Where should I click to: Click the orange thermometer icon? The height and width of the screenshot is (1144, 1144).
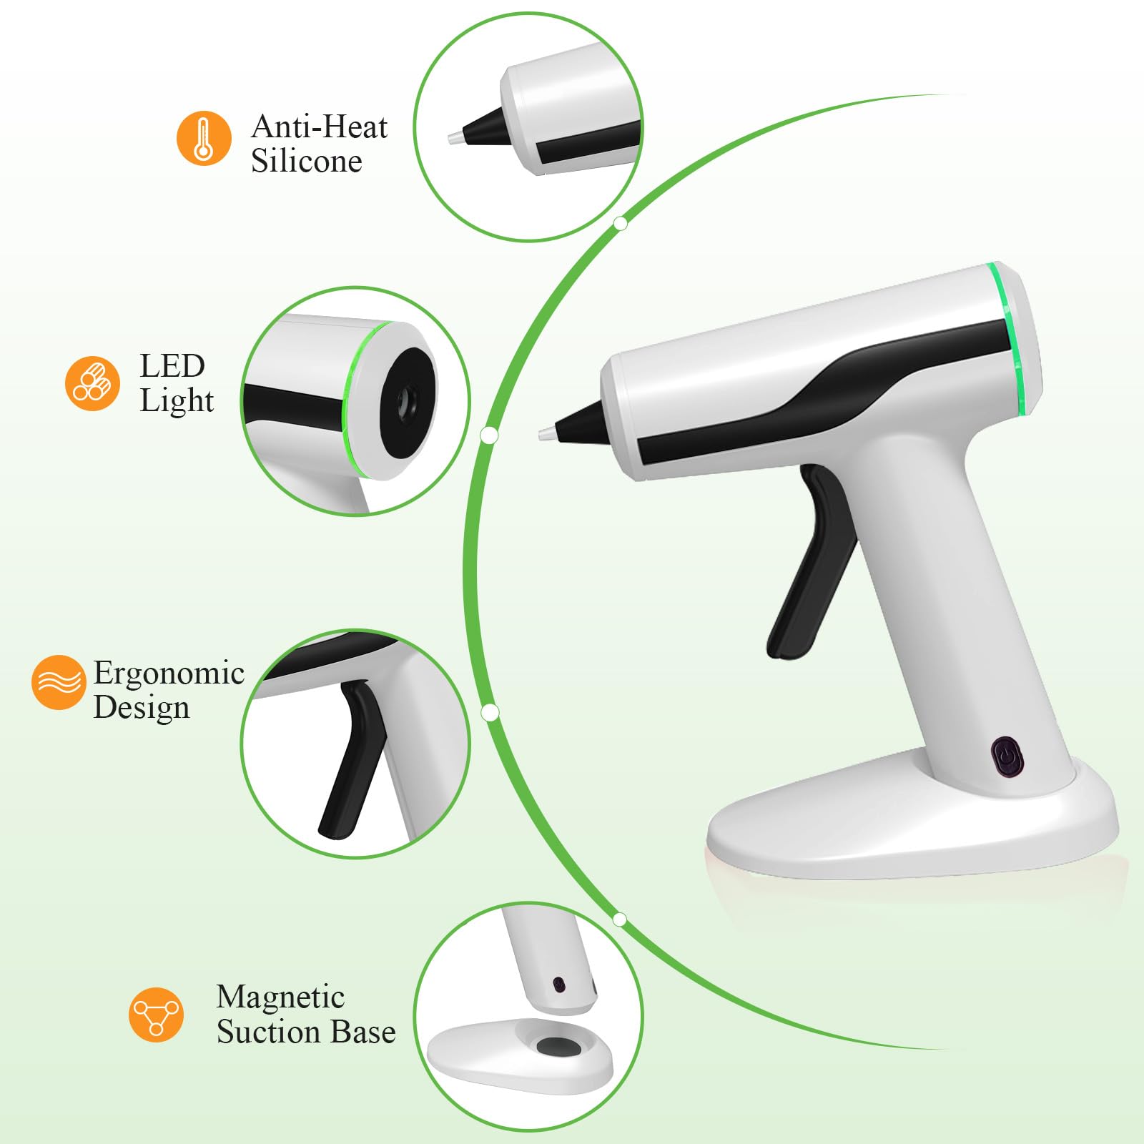click(204, 138)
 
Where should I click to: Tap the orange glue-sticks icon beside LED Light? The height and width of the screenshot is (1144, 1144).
click(92, 383)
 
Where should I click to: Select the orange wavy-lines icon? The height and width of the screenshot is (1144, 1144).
click(59, 682)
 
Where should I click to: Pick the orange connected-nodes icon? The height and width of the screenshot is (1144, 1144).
click(156, 1015)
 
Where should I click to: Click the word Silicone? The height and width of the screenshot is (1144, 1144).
click(306, 161)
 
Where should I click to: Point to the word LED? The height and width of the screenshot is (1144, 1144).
click(172, 366)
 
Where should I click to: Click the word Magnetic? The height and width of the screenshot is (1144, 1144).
click(280, 997)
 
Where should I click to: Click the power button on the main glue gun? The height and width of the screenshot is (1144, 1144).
click(1007, 756)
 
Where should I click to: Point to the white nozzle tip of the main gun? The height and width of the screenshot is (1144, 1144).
click(546, 433)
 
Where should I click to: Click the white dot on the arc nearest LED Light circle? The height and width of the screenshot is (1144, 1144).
click(490, 435)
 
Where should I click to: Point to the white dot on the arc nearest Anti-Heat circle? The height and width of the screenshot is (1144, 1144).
click(621, 224)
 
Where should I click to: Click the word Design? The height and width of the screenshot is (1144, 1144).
click(142, 709)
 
